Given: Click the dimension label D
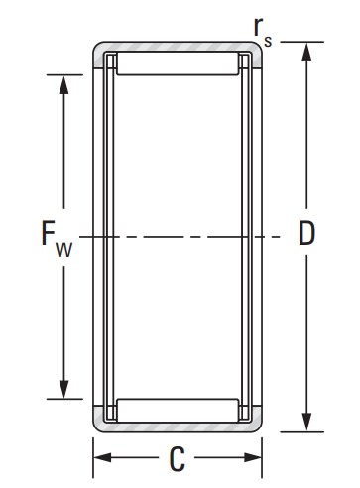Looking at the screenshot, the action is pos(306,233).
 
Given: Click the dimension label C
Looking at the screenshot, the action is pos(177,459).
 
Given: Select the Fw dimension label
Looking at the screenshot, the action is pos(57,238).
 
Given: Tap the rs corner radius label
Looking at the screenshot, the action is pos(262,31).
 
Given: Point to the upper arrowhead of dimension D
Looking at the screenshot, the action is pos(306,52).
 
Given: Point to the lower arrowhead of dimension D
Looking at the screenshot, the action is pos(306,423).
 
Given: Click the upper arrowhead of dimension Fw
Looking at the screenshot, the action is pos(63,84).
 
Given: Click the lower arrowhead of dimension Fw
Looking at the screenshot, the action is pos(63,389).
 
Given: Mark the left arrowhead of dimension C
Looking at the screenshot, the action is pos(102,458).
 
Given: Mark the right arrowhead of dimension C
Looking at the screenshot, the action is pos(253,458).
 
